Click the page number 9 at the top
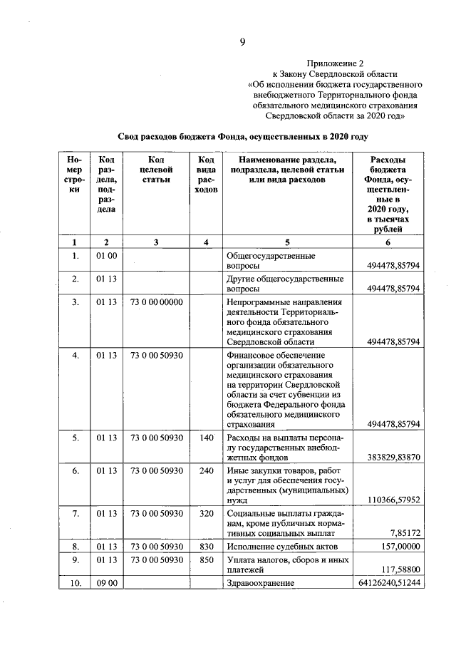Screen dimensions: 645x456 (242, 42)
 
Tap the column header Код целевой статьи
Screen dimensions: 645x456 (156, 170)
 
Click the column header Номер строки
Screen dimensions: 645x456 (74, 175)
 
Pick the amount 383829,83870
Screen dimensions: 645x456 (395, 456)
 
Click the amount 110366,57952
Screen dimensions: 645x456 (395, 500)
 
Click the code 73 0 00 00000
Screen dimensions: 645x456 (157, 302)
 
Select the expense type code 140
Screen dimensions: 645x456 (205, 437)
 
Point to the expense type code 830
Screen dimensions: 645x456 (205, 546)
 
